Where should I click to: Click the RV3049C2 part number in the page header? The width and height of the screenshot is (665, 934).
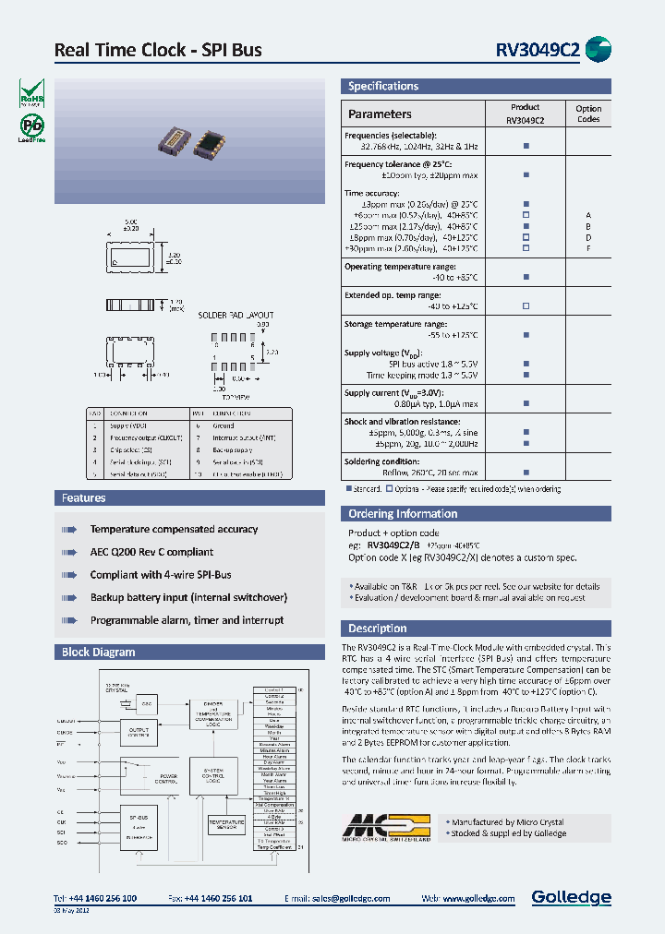tap(535, 51)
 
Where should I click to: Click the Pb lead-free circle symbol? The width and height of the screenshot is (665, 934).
tap(31, 126)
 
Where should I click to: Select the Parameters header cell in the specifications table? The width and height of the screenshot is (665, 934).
tap(380, 114)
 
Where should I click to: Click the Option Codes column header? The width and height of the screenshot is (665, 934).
tap(587, 114)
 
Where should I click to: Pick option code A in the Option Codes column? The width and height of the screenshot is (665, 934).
tap(587, 215)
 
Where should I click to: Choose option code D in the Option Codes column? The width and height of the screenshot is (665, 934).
tap(587, 237)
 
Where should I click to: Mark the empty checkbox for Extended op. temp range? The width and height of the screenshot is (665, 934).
tap(526, 306)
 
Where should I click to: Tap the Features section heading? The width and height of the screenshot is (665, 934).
tap(84, 498)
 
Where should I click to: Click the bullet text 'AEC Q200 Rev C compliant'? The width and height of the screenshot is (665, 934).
tap(151, 552)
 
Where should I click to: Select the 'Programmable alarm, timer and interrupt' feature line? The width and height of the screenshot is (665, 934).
tap(187, 620)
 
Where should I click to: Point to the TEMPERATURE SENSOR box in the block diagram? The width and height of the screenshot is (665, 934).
tap(226, 824)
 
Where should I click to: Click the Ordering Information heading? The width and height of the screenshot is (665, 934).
tap(403, 514)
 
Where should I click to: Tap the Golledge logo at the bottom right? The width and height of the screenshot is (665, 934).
tap(571, 897)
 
